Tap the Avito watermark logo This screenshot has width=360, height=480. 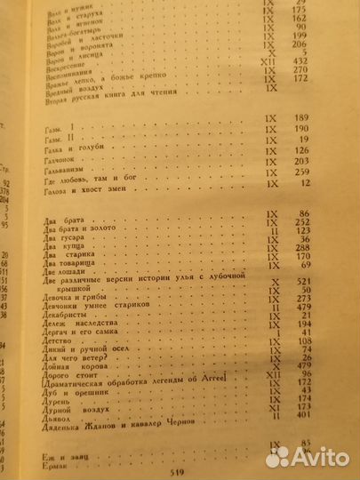click(x=310, y=456)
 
